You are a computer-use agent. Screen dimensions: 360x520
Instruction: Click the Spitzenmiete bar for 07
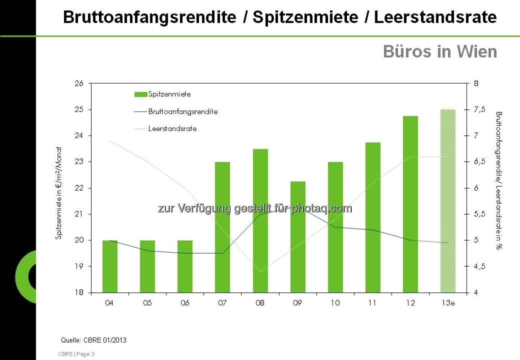(x=222, y=227)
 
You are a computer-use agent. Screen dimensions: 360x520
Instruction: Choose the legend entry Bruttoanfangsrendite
(x=183, y=112)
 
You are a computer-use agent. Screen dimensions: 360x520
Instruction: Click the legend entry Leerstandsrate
(x=172, y=129)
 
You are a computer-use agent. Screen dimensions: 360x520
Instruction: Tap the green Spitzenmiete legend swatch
(x=140, y=94)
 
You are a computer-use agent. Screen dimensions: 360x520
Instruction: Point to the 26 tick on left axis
(x=79, y=83)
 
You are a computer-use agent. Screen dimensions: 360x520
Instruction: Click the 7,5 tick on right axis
(x=480, y=109)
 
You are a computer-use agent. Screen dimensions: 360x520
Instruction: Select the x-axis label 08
(x=260, y=303)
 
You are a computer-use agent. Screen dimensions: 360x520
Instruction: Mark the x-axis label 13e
(x=448, y=303)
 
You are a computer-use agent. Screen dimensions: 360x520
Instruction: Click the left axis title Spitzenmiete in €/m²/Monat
(x=58, y=193)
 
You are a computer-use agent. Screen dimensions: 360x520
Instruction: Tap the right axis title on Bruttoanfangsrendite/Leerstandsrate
(x=499, y=181)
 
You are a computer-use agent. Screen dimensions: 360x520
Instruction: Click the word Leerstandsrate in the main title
(x=435, y=17)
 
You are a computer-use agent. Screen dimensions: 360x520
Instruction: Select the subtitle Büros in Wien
(x=440, y=52)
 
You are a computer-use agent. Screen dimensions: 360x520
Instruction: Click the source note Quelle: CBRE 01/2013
(x=94, y=340)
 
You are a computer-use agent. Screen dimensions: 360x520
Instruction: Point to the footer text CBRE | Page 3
(x=76, y=354)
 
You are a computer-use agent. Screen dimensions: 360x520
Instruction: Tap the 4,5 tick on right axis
(x=480, y=266)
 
